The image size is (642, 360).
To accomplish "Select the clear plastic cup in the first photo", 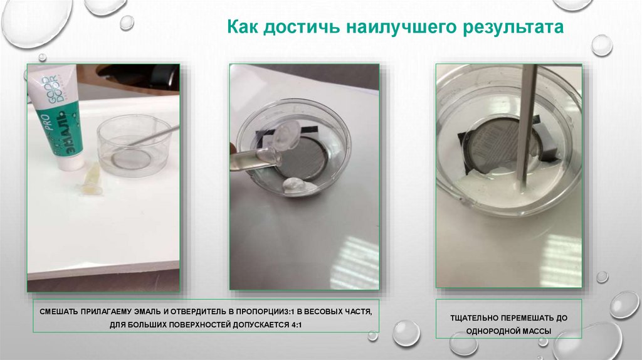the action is point(135,146).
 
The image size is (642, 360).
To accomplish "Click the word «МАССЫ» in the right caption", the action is point(538,331).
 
